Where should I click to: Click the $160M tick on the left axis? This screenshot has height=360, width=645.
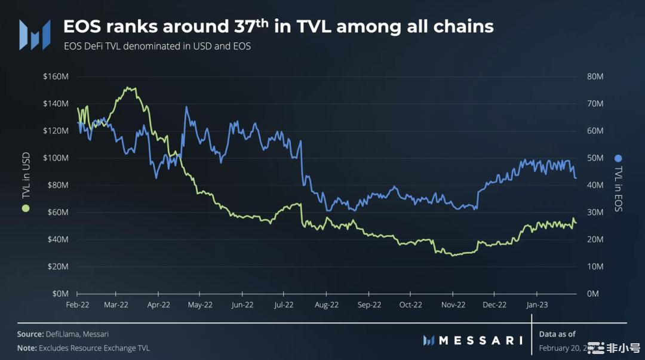(x=55, y=76)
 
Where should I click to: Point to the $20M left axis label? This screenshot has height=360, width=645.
(x=57, y=266)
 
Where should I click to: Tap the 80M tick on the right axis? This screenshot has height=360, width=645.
(x=595, y=76)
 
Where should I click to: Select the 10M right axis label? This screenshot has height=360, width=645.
(x=595, y=266)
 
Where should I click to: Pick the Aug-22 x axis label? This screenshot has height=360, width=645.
(x=327, y=304)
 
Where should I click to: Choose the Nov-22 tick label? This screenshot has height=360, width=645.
(x=453, y=304)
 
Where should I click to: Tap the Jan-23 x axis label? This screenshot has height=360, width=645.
(x=536, y=304)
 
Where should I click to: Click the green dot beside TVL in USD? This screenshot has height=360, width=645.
(x=25, y=208)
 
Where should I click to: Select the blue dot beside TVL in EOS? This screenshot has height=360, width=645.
(x=618, y=158)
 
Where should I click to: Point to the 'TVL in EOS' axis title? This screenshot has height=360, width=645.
(x=618, y=188)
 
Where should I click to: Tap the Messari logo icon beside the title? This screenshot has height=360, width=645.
(x=33, y=34)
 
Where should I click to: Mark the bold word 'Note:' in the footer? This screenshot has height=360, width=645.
(x=27, y=347)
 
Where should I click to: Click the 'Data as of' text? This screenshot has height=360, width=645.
(x=557, y=334)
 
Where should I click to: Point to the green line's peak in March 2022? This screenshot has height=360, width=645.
(x=128, y=88)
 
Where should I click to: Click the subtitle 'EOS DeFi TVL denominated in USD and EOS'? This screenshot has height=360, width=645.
(x=157, y=46)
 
